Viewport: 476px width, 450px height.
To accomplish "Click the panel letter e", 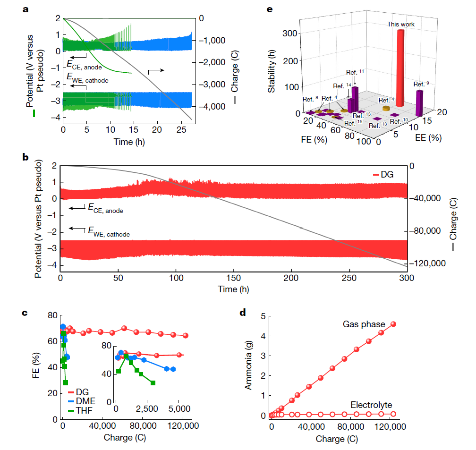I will (271, 9).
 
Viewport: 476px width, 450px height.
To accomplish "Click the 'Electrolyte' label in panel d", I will (372, 405).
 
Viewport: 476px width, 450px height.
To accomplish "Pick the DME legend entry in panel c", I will (85, 401).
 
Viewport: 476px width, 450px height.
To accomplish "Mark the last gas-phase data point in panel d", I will (393, 324).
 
